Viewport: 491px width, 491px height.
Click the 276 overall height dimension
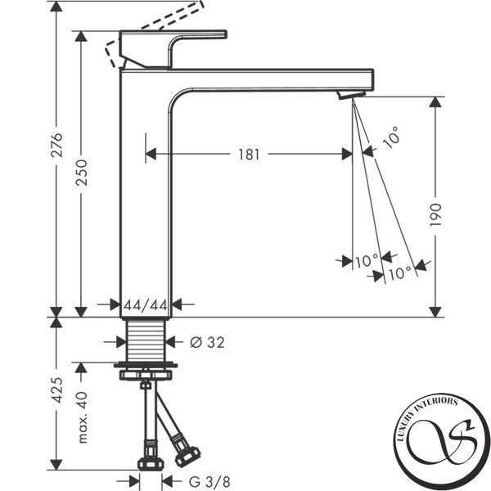pyautogui.click(x=57, y=145)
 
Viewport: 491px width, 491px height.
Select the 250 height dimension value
pyautogui.click(x=82, y=173)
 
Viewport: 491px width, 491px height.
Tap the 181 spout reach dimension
pyautogui.click(x=249, y=155)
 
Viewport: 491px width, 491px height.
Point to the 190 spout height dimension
pyautogui.click(x=435, y=214)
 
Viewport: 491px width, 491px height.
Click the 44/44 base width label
pyautogui.click(x=146, y=305)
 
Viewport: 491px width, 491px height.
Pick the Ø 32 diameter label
pyautogui.click(x=207, y=342)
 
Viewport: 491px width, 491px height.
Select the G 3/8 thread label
pyautogui.click(x=209, y=481)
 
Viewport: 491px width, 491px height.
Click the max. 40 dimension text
pyautogui.click(x=82, y=417)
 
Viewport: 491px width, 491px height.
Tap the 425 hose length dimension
pyautogui.click(x=57, y=390)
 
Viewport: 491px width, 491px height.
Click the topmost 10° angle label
pyautogui.click(x=391, y=137)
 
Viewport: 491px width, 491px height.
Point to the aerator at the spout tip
pyautogui.click(x=351, y=95)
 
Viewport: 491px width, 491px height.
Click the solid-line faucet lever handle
pyautogui.click(x=173, y=49)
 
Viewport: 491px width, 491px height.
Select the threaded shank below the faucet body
pyautogui.click(x=146, y=340)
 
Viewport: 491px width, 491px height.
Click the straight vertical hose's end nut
pyautogui.click(x=151, y=464)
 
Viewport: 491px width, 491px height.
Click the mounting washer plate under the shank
pyautogui.click(x=146, y=365)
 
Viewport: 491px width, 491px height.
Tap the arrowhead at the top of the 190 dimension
pyautogui.click(x=435, y=102)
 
